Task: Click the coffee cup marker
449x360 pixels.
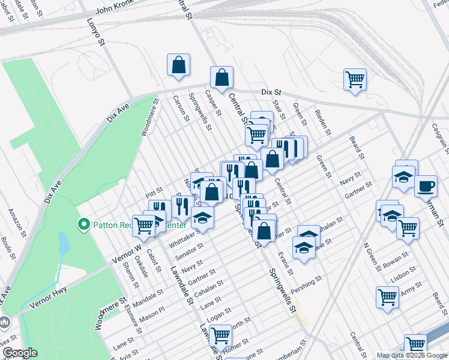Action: tap(426, 186)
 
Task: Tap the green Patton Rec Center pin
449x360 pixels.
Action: tap(84, 225)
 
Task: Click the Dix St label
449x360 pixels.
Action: tap(271, 92)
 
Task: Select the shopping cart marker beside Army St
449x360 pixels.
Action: tap(387, 296)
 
